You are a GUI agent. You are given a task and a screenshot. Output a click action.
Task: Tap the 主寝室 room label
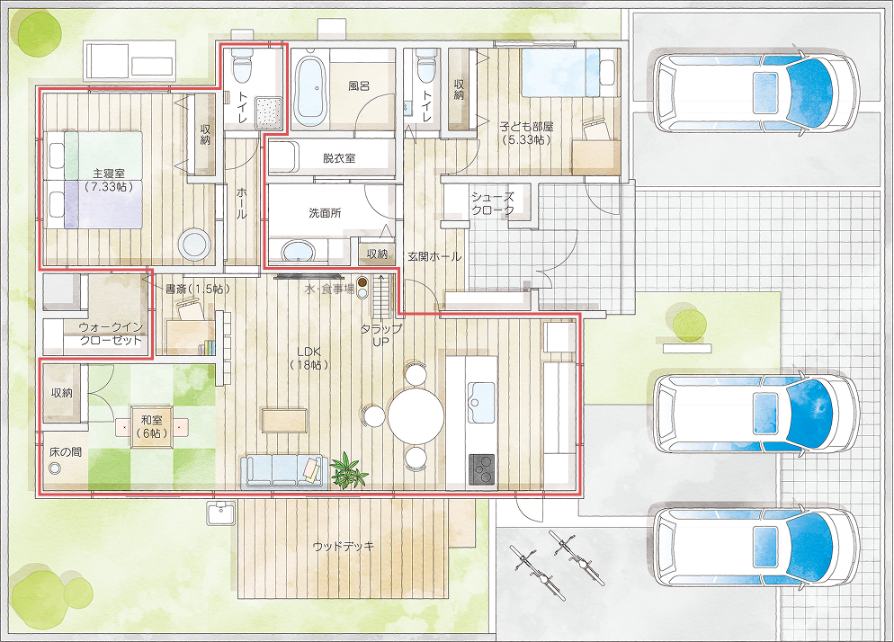click(108, 173)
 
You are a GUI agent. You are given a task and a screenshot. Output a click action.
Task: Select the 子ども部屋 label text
click(527, 127)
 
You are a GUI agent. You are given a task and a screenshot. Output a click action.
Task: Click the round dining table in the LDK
click(416, 415)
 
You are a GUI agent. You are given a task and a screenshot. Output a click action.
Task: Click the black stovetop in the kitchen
click(482, 470)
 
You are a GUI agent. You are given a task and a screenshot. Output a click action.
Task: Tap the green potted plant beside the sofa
click(348, 471)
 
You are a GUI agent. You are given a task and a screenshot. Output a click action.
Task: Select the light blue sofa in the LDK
click(283, 472)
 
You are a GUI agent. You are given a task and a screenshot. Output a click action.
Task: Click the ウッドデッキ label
click(344, 546)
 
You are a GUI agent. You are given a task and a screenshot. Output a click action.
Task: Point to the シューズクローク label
click(493, 203)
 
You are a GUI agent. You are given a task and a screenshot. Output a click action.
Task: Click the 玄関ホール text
click(434, 257)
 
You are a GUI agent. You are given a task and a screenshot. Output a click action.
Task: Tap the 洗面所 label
click(325, 213)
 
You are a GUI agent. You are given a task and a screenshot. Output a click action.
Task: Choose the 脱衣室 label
click(339, 158)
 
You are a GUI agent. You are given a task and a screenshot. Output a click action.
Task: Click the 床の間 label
click(65, 452)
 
